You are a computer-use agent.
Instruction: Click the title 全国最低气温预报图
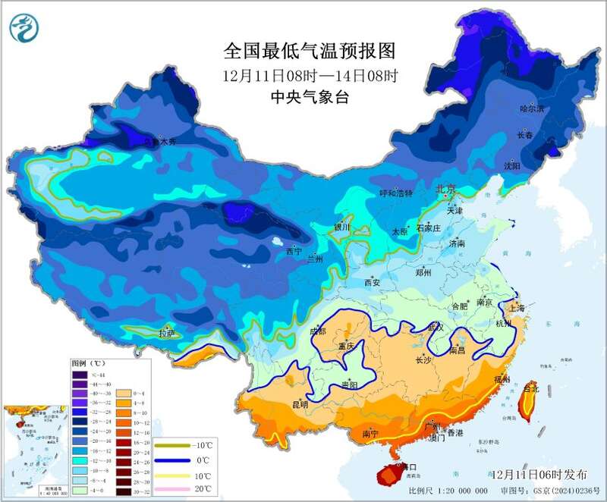coord(310,51)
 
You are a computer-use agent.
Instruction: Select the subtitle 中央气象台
coord(310,97)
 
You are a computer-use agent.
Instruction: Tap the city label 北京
coord(445,188)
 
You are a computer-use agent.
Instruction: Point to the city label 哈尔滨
coord(532,108)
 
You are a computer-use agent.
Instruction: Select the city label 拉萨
coord(167,333)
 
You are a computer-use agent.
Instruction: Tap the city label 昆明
coord(299,404)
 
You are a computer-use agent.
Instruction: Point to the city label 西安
coord(371,282)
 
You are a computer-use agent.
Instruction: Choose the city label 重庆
coord(347,346)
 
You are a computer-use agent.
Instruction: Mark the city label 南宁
coord(371,434)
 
